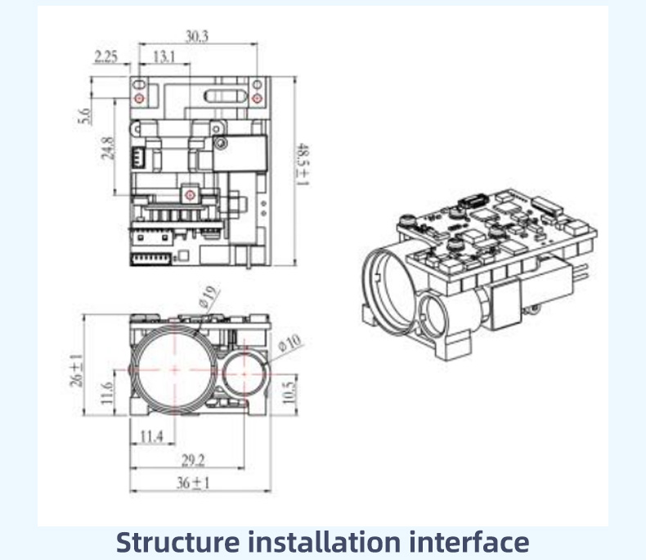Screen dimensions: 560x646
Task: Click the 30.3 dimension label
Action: coord(197,36)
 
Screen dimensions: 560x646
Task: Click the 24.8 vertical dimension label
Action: coord(108,148)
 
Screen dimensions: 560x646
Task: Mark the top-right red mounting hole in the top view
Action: coord(257,98)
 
